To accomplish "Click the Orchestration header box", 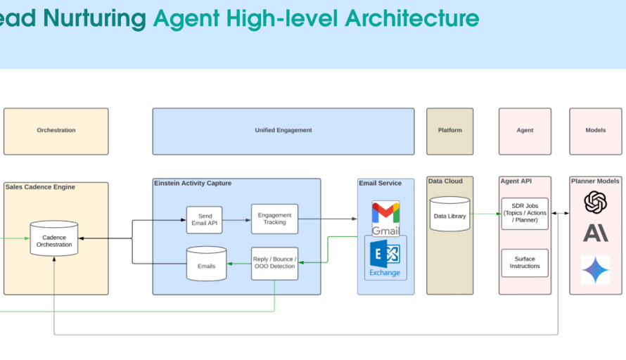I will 56,131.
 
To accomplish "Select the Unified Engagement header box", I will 283,131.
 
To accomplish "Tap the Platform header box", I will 449,131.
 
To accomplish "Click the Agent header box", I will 525,131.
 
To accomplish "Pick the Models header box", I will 596,131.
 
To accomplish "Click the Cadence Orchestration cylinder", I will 54,239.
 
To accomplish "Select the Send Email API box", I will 204,219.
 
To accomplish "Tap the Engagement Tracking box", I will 274,219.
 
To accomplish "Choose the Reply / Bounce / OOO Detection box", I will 274,263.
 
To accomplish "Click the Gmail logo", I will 385,219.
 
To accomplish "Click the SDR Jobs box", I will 525,213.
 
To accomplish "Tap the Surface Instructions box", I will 525,262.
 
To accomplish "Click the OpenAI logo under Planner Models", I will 595,202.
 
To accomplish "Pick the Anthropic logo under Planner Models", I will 595,233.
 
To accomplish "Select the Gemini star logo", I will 595,269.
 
